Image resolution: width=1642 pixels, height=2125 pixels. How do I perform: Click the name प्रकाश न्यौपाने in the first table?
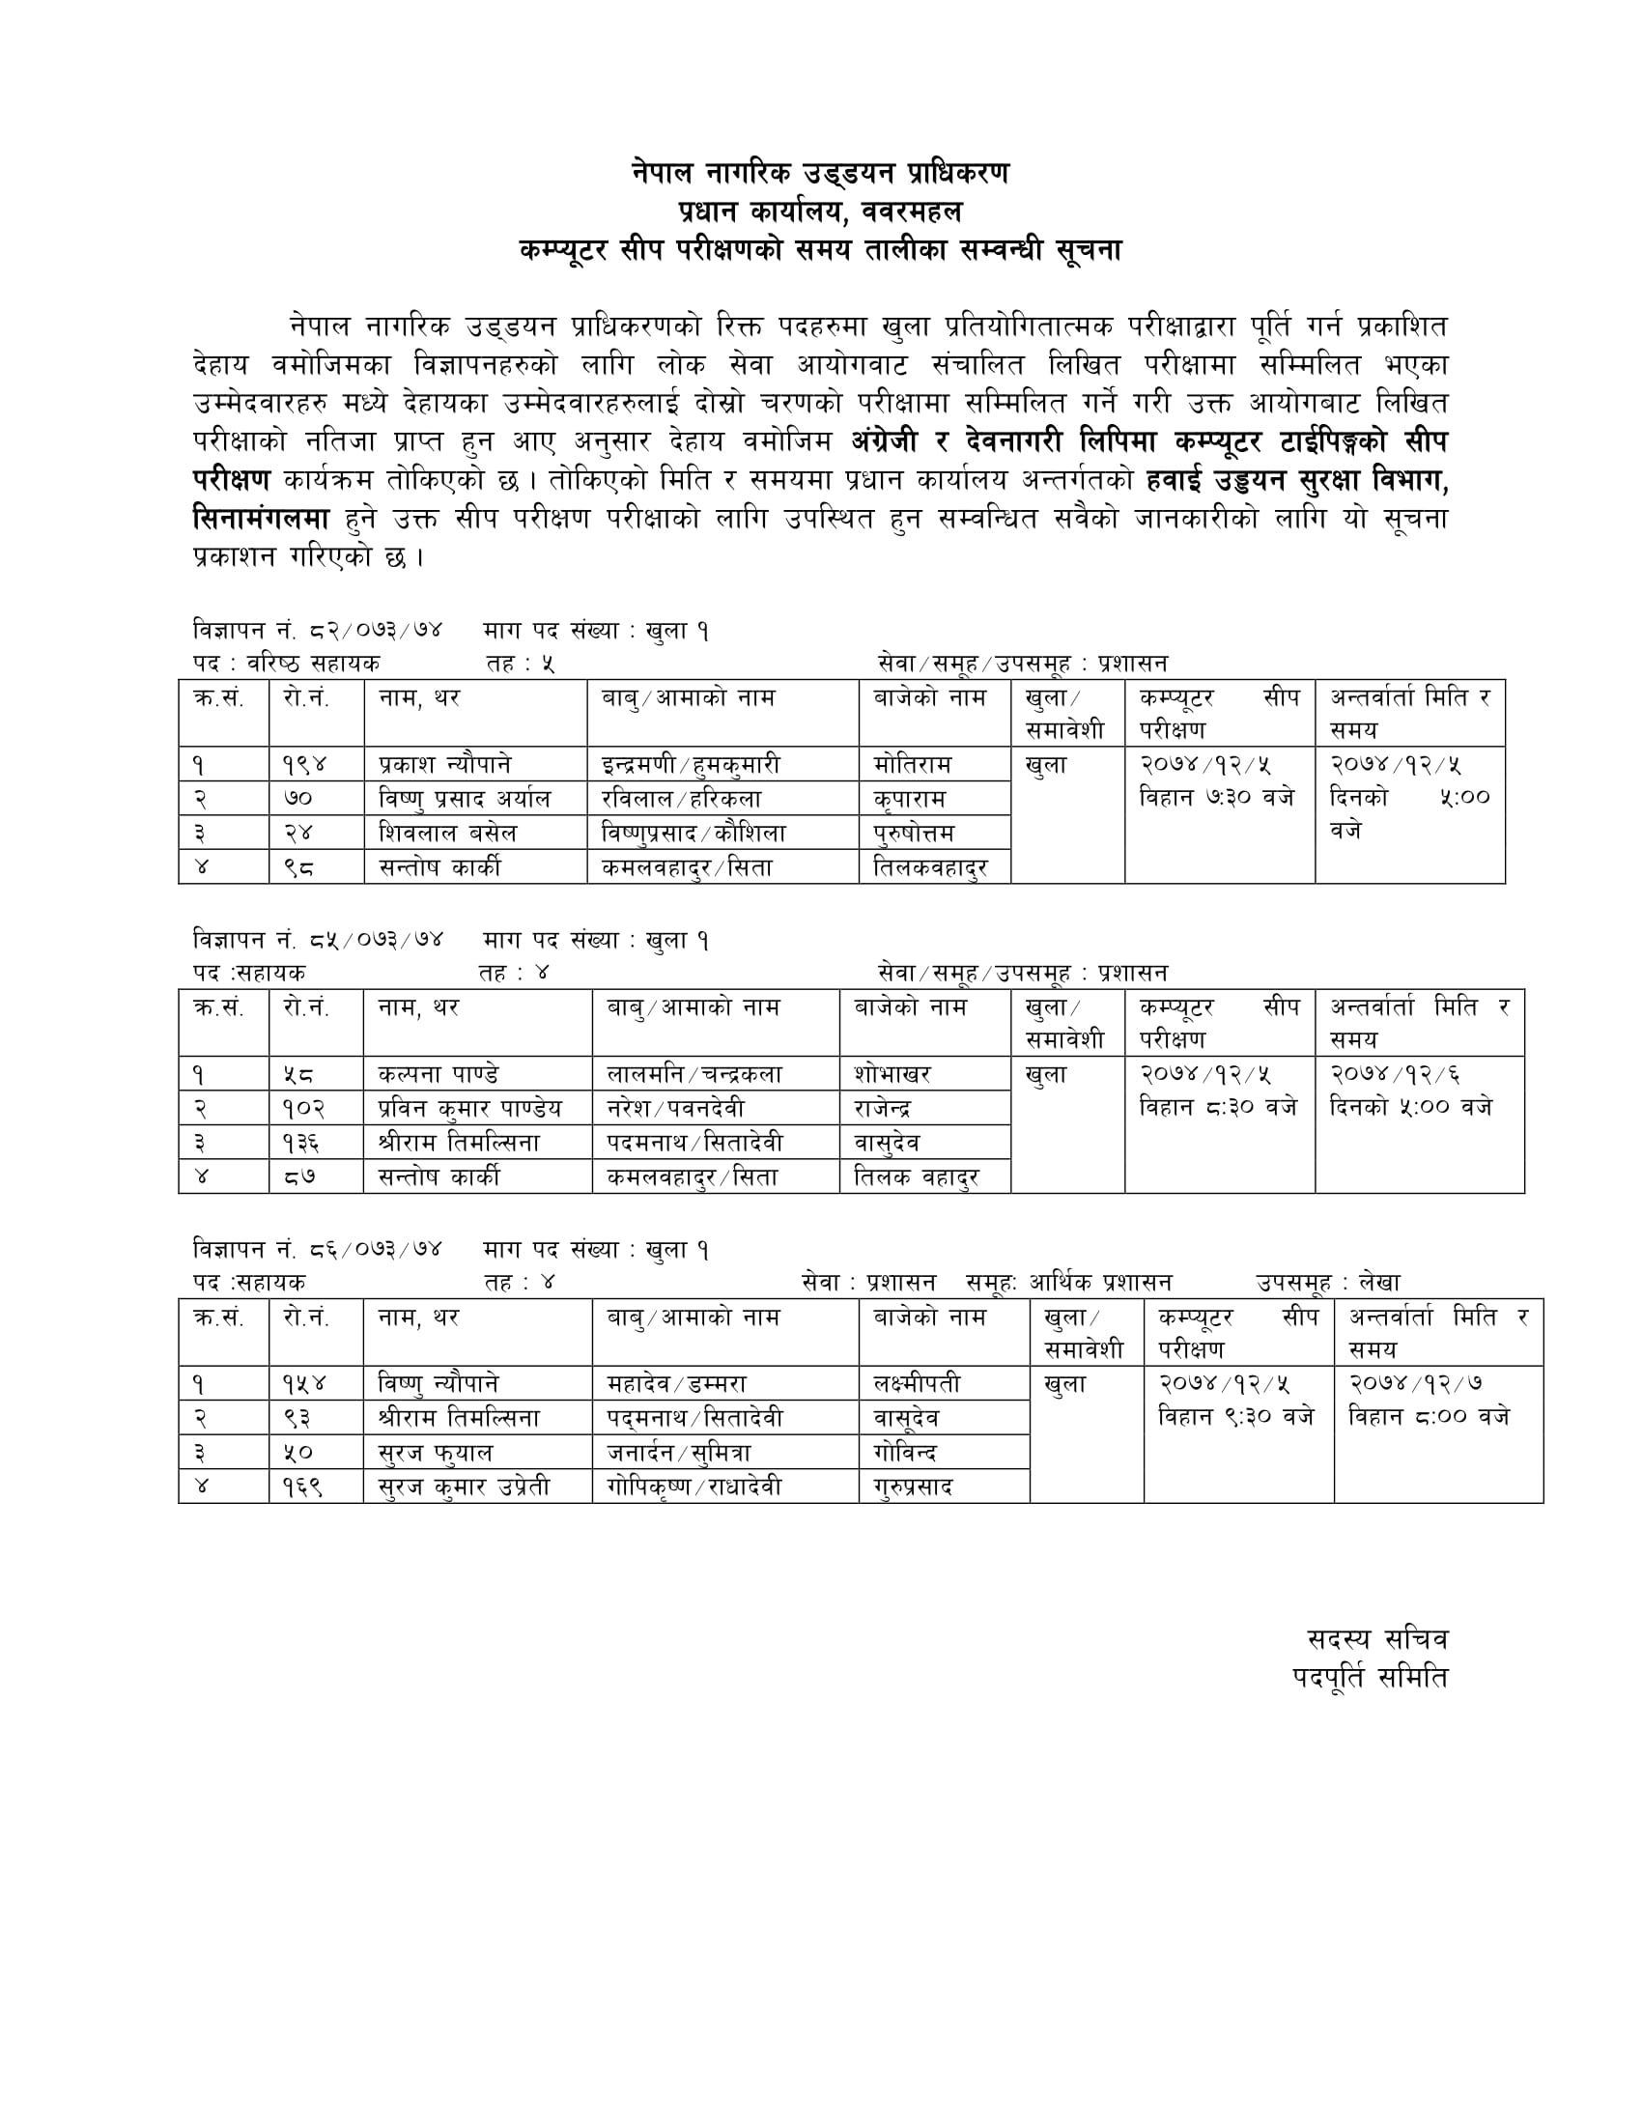coord(444,765)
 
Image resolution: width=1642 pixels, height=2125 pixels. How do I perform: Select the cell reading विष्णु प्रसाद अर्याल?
coord(464,799)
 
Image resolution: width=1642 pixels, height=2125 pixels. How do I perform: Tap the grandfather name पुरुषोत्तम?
coord(915,833)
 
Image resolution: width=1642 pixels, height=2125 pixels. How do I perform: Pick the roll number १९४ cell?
coord(304,765)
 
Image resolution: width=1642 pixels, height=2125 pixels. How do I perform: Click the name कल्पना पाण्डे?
coord(439,1074)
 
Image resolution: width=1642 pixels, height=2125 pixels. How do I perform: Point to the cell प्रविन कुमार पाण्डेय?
coord(469,1108)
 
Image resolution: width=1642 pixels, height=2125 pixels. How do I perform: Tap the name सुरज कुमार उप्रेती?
coord(464,1486)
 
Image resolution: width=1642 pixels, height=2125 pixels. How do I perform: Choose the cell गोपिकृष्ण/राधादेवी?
coord(694,1486)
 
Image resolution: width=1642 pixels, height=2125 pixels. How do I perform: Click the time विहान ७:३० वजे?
coord(1217,798)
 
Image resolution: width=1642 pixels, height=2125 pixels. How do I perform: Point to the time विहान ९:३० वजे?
coord(1235,1417)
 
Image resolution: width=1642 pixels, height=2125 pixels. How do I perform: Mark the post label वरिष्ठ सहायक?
coord(313,664)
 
